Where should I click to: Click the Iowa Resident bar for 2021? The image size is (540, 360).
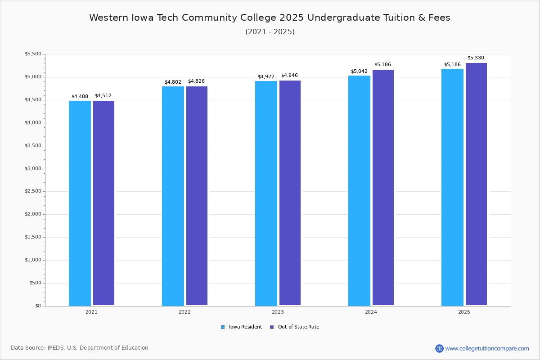(x=80, y=203)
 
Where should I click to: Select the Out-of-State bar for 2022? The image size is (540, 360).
(x=197, y=196)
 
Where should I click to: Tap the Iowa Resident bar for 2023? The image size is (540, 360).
(x=266, y=193)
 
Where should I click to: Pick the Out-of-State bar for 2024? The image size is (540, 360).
(x=383, y=188)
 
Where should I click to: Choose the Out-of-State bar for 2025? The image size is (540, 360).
(x=476, y=184)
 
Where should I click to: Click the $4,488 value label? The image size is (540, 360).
(x=80, y=96)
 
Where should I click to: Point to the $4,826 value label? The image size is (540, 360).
(x=196, y=81)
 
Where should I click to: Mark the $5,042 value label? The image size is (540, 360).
(x=359, y=71)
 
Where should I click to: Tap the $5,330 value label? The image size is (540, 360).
(x=476, y=58)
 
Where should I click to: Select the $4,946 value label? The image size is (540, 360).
(x=289, y=76)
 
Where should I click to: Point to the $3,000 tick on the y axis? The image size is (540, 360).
(x=32, y=169)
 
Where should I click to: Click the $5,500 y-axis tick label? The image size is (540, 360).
(x=32, y=54)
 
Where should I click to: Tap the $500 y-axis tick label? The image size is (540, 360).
(x=35, y=283)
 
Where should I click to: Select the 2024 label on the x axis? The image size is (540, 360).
(x=371, y=312)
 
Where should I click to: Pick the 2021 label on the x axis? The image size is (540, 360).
(x=91, y=312)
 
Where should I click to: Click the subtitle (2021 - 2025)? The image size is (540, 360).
(x=270, y=32)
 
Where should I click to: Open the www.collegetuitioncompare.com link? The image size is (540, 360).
(x=487, y=348)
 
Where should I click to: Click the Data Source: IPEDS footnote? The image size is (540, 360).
(x=80, y=348)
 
